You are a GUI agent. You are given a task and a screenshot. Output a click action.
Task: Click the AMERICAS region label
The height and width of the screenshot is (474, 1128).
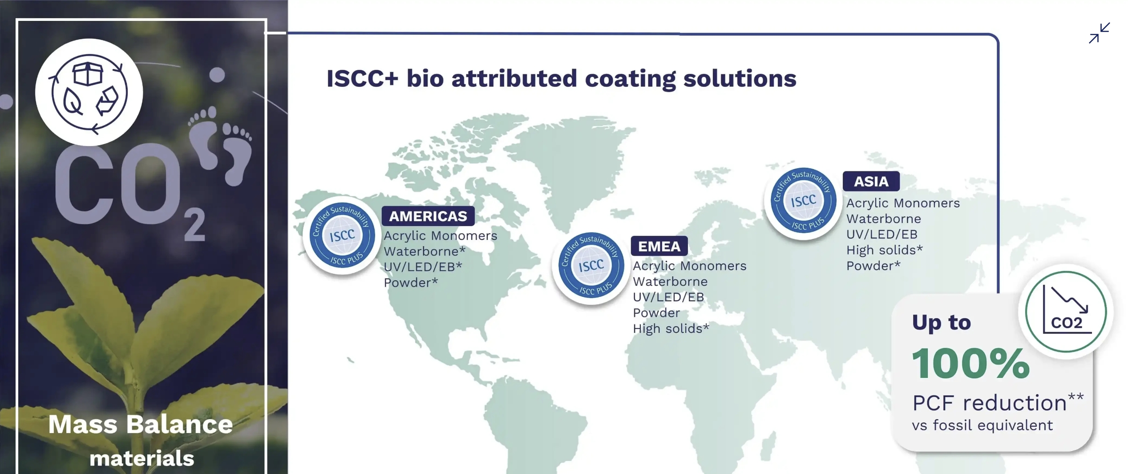[428, 216]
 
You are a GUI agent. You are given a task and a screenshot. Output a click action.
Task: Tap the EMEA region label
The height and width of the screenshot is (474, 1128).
[659, 246]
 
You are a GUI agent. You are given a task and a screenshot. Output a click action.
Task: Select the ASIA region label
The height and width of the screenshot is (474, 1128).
[871, 182]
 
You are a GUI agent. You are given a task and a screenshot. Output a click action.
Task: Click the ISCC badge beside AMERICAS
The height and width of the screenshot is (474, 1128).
[342, 235]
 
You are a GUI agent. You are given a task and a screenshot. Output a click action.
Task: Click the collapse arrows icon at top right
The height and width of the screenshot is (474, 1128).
[1100, 33]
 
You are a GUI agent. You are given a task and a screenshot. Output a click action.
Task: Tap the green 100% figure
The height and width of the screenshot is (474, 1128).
[971, 364]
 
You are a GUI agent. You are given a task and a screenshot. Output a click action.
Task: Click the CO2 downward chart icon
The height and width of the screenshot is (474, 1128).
[1066, 312]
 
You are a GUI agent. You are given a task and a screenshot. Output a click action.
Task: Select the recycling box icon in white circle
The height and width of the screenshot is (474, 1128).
[89, 92]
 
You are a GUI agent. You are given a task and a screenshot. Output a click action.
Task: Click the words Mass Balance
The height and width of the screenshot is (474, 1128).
[141, 424]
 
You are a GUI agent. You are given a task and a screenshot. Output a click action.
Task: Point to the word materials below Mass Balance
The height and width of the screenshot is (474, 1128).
[142, 458]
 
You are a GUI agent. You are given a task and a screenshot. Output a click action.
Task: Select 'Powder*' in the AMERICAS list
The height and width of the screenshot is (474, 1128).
[411, 283]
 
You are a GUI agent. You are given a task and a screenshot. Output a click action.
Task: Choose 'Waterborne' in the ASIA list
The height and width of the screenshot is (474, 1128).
[884, 219]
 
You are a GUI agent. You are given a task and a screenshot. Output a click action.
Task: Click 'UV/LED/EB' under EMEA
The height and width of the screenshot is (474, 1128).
[668, 297]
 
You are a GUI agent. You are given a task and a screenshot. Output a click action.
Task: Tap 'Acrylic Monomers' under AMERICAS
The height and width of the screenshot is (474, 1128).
[441, 235]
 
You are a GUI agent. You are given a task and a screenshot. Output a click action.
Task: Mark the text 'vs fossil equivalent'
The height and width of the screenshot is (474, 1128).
[982, 425]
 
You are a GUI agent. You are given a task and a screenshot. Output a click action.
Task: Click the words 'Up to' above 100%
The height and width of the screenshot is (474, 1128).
[942, 323]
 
